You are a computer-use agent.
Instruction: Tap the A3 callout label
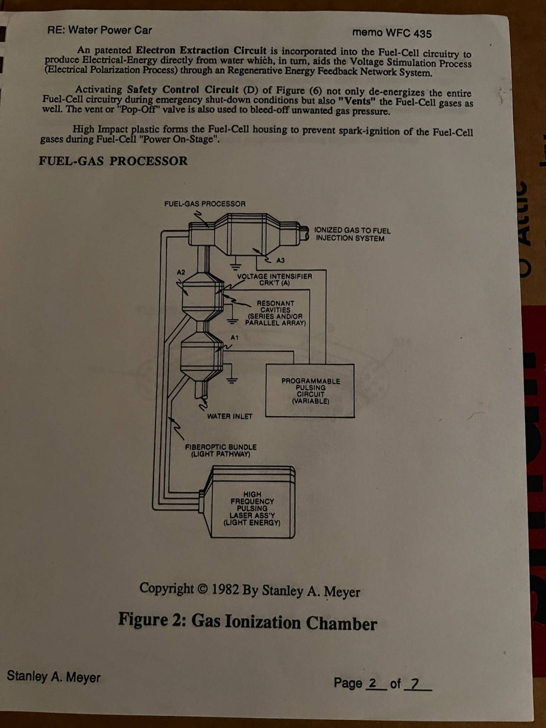(x=280, y=260)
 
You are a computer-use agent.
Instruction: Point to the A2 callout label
(x=181, y=272)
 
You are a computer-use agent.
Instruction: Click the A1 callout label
(x=234, y=338)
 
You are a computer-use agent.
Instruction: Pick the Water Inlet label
(x=230, y=416)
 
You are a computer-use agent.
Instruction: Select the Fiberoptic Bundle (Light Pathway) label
(x=221, y=450)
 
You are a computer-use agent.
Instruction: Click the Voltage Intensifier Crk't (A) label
(x=274, y=279)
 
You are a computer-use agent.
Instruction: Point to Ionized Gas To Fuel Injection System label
(x=352, y=234)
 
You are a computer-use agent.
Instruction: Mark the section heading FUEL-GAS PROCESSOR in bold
(x=113, y=161)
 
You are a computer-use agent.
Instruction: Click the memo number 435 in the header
(x=422, y=34)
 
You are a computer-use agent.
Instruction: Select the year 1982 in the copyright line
(x=225, y=589)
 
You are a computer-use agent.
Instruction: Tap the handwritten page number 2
(x=373, y=682)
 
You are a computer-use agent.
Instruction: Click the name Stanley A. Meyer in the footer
(x=54, y=676)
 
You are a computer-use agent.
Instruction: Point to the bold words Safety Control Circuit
(x=182, y=90)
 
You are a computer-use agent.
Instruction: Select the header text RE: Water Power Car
(x=100, y=30)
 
